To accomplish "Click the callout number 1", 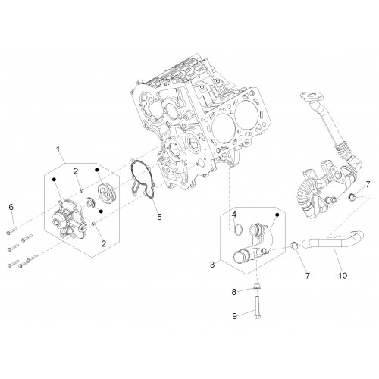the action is click(58, 149).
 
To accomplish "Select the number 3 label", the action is click(212, 265).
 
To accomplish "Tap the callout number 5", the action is click(159, 217).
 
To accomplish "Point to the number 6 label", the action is click(11, 207).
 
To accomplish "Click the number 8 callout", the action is click(234, 292).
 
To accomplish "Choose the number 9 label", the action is click(235, 316).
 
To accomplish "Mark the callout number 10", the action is click(343, 275).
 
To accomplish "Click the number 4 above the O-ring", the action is click(234, 215).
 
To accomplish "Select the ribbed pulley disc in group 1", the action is click(106, 193).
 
